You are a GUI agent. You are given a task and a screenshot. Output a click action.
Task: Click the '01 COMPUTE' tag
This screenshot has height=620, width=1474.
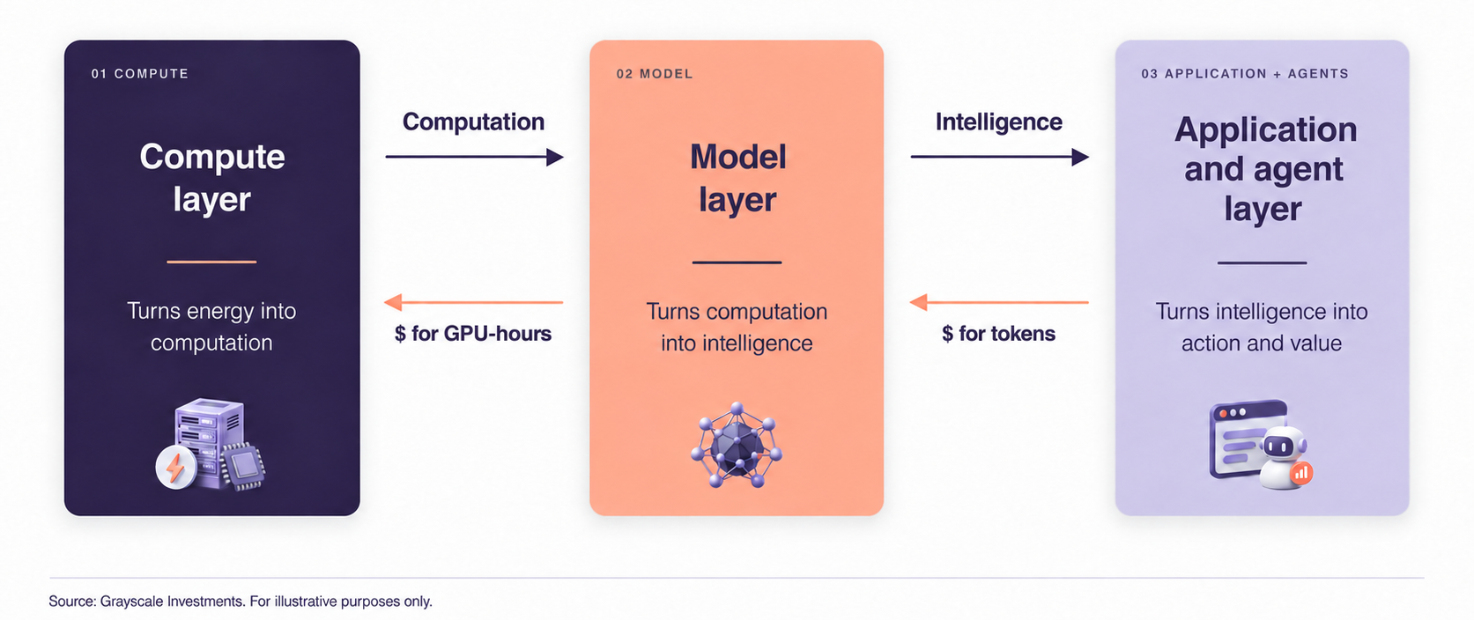pos(139,74)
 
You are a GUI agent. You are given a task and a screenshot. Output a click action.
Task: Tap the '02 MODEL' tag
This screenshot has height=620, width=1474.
pos(655,74)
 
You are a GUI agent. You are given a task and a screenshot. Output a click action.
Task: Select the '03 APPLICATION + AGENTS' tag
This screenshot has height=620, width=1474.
pos(1245,74)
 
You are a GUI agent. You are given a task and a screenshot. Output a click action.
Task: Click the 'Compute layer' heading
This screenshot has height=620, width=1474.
pos(211,178)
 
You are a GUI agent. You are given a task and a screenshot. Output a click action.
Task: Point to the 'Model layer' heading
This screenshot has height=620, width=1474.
pos(737,178)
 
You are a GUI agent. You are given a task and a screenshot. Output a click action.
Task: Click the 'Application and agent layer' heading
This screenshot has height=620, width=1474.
pos(1264,169)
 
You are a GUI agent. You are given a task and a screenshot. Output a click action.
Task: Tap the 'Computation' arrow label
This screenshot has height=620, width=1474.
pos(473,122)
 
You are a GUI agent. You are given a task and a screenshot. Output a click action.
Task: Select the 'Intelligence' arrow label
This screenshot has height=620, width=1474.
pos(999,122)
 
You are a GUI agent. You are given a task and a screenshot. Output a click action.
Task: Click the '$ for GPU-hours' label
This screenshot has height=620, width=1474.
pos(472,334)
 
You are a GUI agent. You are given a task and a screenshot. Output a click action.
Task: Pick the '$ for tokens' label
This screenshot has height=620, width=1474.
pos(998,334)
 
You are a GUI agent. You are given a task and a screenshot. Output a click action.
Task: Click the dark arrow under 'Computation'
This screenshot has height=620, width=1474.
pos(474,157)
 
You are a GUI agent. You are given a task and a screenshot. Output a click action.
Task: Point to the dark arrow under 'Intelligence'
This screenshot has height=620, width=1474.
pos(1000,157)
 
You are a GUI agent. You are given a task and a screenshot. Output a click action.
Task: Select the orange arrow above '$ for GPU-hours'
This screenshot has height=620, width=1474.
pos(473,302)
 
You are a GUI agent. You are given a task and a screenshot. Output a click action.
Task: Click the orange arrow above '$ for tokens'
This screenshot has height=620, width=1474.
pos(999,302)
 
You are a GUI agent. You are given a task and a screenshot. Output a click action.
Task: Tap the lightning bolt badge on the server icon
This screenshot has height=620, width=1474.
pos(175,468)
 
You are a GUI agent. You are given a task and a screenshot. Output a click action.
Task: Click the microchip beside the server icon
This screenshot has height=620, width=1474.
pos(243,466)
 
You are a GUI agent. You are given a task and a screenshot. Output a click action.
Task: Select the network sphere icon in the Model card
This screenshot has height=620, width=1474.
pos(737,445)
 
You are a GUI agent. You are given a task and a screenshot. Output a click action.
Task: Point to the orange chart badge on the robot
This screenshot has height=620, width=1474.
pos(1301,473)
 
